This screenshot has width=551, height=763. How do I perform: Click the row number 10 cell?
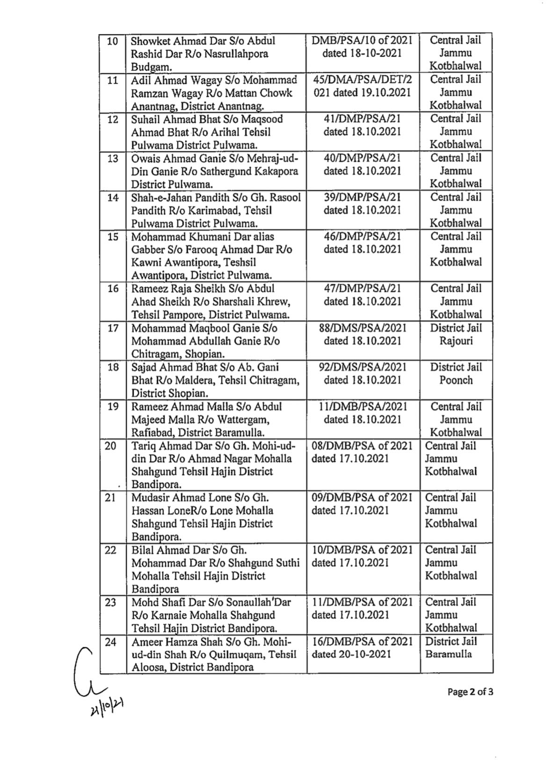tap(112, 41)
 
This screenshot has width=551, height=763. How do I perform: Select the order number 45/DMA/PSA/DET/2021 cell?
tap(362, 86)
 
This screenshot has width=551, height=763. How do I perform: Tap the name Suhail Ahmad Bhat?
tap(170, 119)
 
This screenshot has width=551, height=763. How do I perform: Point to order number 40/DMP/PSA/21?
tap(362, 158)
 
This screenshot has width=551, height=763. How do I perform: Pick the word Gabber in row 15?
tap(149, 249)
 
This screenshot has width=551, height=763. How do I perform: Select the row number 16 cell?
tap(113, 289)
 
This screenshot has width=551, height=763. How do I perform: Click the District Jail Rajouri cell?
tap(456, 335)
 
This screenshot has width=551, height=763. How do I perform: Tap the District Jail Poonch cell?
tap(456, 374)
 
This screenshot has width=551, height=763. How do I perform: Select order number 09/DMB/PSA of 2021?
tap(362, 498)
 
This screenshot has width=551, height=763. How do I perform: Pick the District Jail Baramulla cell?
tap(451, 648)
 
